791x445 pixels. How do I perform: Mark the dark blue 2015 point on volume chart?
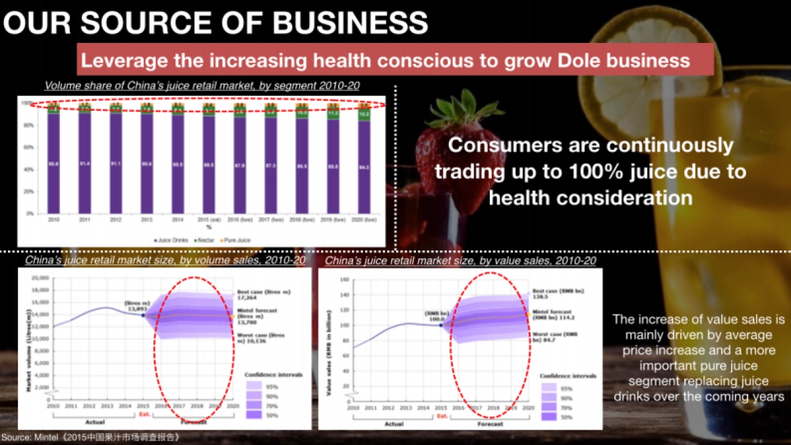[143, 315]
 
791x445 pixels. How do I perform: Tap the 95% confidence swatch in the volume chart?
[255, 386]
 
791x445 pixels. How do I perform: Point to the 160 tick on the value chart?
[343, 279]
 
